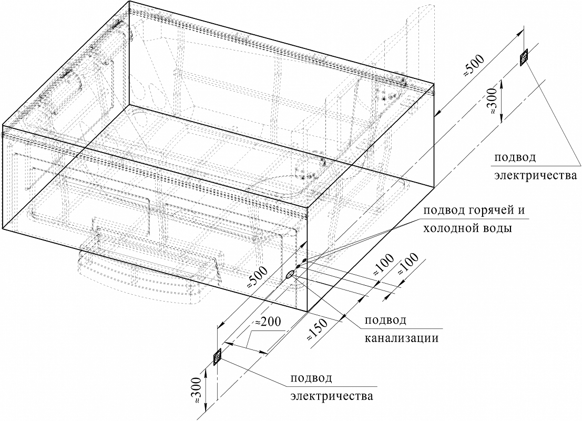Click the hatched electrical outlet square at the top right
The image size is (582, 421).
(x=524, y=57)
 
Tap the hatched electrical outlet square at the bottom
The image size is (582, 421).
(x=217, y=357)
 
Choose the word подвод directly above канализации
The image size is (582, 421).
(x=386, y=320)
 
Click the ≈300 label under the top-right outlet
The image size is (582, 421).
(x=492, y=101)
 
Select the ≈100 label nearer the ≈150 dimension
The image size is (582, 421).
(x=382, y=265)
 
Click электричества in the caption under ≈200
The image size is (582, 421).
(x=332, y=396)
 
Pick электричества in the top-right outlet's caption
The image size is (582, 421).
(x=535, y=175)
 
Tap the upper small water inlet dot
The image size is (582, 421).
(x=304, y=260)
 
